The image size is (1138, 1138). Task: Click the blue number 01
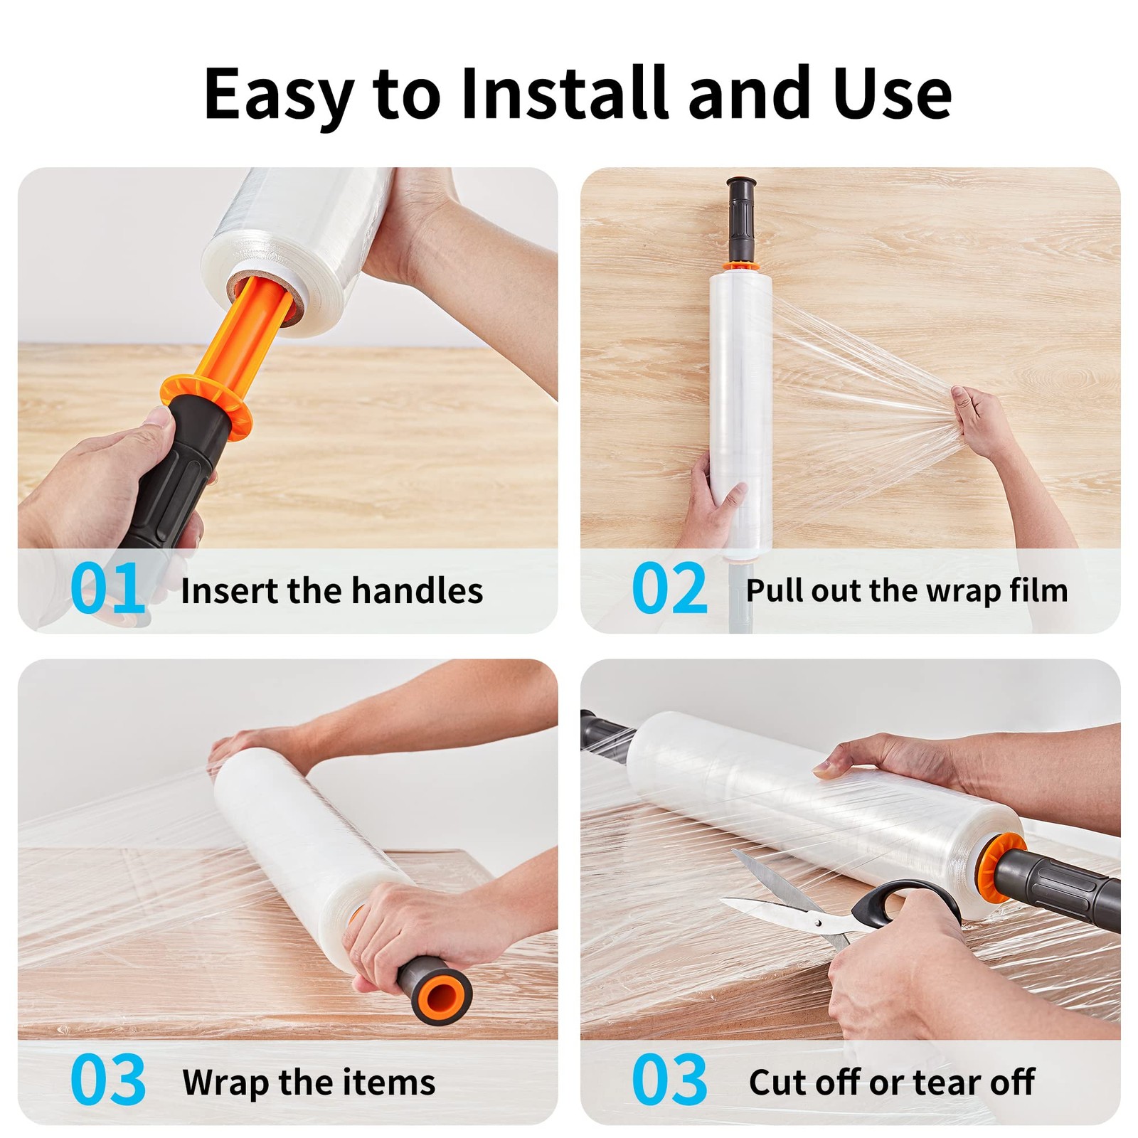click(108, 587)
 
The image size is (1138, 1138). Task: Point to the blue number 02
click(669, 587)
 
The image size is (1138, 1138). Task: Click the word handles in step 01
click(417, 590)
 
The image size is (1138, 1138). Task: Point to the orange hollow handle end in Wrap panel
click(442, 993)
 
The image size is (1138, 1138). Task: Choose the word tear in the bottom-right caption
click(945, 1083)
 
